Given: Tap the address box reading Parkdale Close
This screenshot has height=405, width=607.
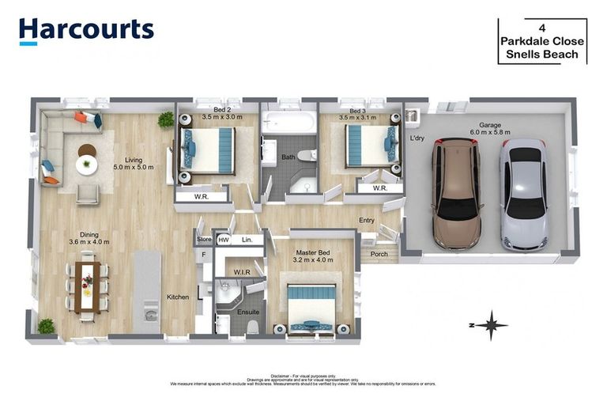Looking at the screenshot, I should point(542,41).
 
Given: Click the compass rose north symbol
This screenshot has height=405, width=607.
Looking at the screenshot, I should point(492,324).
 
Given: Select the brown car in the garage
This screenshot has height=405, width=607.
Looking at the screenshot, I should point(456,193).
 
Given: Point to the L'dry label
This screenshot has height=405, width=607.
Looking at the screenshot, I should point(417,138).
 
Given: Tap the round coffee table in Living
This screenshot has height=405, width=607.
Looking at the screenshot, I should point(86,164).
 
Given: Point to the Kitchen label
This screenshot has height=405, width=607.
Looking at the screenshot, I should point(178,297).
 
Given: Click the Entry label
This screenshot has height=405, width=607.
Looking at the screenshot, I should point(367,221).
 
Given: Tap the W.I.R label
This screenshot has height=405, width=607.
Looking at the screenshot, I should point(242,272).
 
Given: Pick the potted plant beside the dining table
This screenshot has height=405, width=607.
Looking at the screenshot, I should point(47,325).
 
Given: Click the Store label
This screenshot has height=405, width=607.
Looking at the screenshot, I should point(205,239).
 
